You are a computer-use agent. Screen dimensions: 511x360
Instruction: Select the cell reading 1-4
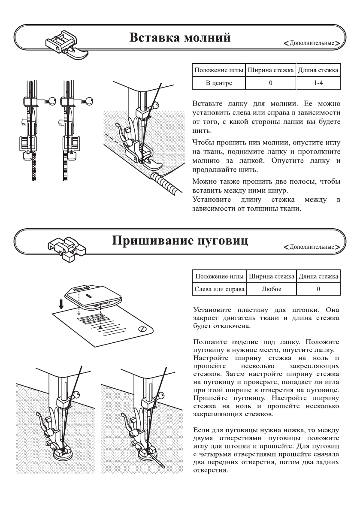pyautogui.click(x=318, y=83)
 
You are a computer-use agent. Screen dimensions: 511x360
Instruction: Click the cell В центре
pyautogui.click(x=219, y=83)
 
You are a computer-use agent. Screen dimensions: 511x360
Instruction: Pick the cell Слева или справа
pyautogui.click(x=219, y=289)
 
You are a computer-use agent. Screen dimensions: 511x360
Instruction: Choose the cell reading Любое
pyautogui.click(x=271, y=289)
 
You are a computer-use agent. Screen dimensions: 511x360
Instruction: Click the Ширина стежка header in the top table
pyautogui.click(x=271, y=70)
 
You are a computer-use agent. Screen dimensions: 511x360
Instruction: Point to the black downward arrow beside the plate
pyautogui.click(x=62, y=304)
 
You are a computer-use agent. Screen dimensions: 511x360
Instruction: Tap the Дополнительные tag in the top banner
pyautogui.click(x=312, y=44)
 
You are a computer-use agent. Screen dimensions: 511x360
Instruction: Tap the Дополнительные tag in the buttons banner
pyautogui.click(x=312, y=248)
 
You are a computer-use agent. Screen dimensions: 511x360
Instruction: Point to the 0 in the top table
pyautogui.click(x=271, y=83)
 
